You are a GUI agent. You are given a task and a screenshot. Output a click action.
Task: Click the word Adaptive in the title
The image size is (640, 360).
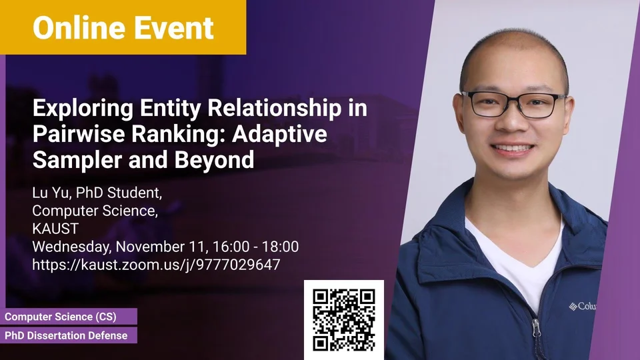279,135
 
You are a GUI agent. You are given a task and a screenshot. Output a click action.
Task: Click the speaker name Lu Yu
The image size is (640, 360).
51,193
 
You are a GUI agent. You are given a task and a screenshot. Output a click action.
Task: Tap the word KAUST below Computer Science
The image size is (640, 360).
55,229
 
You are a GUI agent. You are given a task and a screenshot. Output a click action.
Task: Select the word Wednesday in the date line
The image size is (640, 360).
70,247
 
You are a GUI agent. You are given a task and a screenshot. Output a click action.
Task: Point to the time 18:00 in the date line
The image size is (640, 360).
280,247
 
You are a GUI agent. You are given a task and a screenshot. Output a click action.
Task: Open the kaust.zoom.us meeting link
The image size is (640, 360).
156,265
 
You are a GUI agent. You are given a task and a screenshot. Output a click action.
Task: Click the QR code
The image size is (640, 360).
344,320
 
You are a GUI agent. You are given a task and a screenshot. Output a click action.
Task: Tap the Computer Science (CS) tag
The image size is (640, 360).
61,317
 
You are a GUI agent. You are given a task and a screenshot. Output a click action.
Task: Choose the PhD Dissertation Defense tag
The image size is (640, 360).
66,335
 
